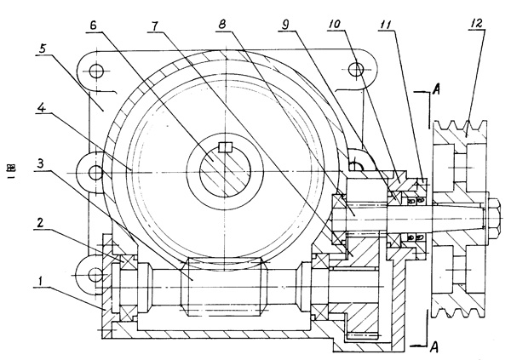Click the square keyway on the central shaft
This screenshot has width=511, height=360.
[224, 148]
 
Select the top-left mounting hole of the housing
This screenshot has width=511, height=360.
[96, 69]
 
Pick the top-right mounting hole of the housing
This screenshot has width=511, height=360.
[350, 69]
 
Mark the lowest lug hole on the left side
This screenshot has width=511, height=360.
[95, 275]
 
